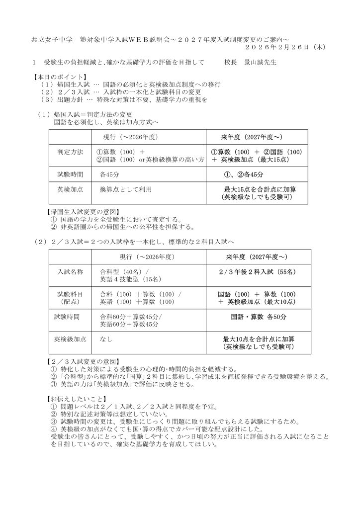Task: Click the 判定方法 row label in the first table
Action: tap(70, 151)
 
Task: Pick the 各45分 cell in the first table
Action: tap(109, 175)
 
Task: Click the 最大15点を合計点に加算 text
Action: tap(257, 189)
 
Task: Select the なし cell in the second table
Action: tap(105, 339)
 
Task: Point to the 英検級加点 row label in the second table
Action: tap(70, 339)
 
